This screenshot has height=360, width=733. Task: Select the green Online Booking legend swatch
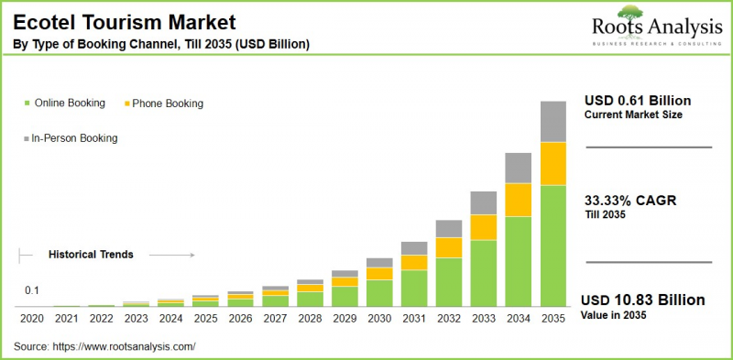tap(27, 104)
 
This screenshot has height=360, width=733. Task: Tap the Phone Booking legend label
tap(167, 104)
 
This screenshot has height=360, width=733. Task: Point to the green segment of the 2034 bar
tap(519, 261)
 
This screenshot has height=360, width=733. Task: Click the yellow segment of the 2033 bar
tap(484, 227)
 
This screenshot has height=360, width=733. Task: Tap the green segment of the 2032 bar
tap(449, 281)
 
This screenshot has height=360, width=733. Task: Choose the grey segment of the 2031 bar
tap(414, 248)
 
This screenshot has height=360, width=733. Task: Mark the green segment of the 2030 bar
tap(379, 292)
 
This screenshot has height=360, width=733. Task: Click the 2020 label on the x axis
tap(31, 319)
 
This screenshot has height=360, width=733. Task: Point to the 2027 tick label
tap(275, 319)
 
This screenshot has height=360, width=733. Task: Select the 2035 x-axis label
tap(553, 319)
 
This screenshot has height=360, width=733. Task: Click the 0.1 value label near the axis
tap(31, 290)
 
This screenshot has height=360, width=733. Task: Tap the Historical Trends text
tap(91, 255)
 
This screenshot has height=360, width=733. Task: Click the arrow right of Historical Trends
tap(171, 255)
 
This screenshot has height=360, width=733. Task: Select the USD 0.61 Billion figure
tap(638, 100)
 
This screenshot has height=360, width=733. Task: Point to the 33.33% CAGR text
tap(630, 201)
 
